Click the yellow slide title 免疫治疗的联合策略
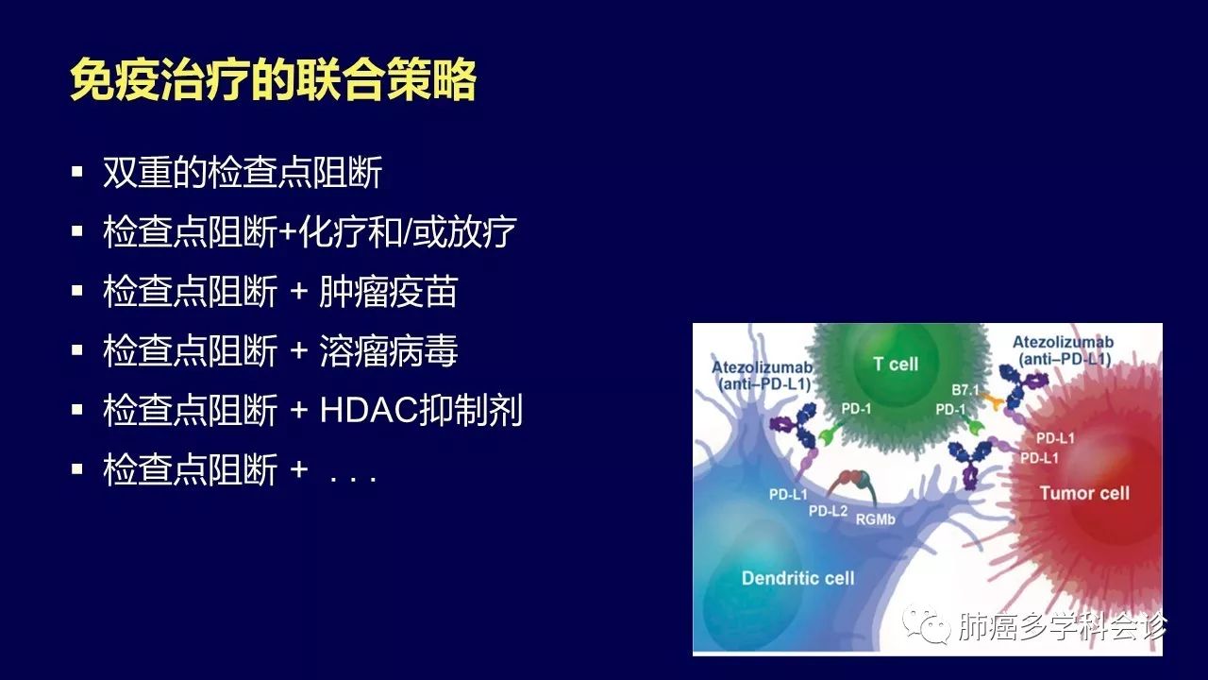point(273,79)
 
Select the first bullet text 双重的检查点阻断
point(243,173)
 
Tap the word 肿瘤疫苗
point(388,292)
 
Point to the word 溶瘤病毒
point(388,350)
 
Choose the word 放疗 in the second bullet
point(482,232)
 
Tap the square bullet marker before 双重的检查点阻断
point(77,172)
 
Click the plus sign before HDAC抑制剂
point(299,410)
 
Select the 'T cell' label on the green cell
point(896,364)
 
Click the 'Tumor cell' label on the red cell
point(1084,493)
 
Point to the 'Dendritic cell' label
point(798,578)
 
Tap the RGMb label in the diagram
point(875,519)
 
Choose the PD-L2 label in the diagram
point(828,511)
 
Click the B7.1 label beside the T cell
point(965,390)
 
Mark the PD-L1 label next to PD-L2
point(788,494)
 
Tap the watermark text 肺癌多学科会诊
point(1063,626)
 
